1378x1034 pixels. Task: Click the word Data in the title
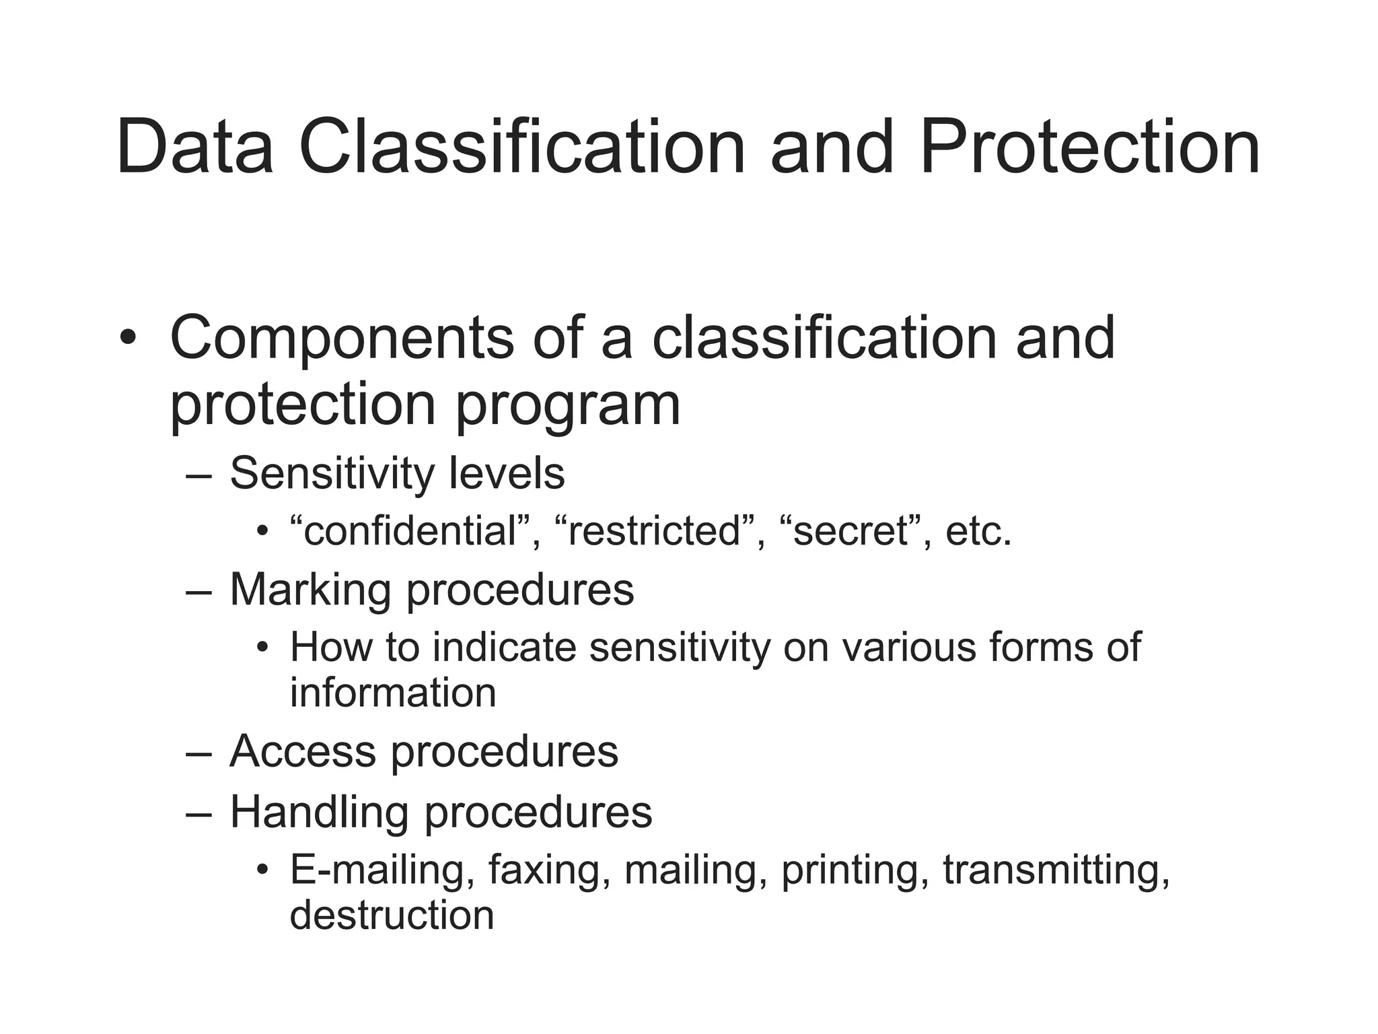point(195,147)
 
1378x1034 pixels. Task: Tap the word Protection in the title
point(1089,147)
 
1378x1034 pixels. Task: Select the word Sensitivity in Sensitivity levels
point(330,474)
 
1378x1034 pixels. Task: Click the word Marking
point(310,590)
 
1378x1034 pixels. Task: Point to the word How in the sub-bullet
point(330,648)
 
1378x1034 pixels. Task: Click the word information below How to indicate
point(393,693)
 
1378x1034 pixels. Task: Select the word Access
point(302,751)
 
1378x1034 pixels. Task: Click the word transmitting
point(1056,870)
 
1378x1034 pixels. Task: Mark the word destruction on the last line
point(392,916)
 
